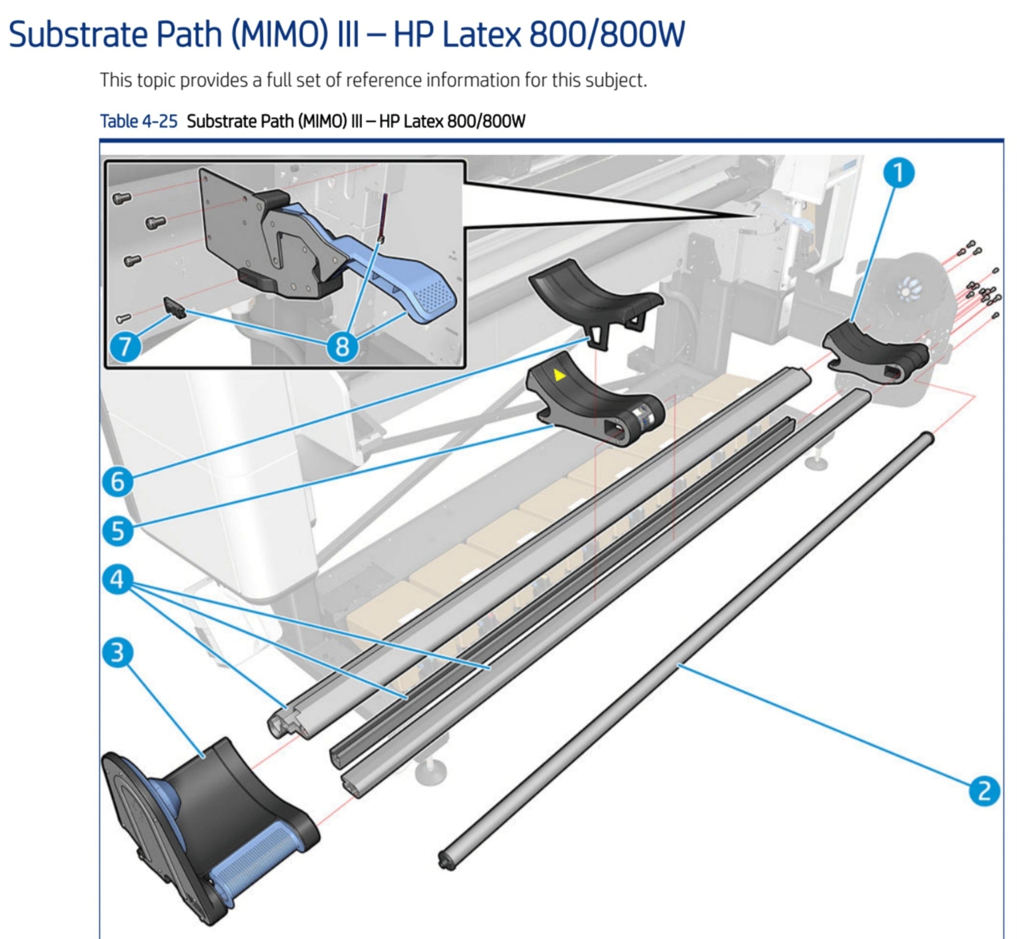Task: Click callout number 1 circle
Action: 898,173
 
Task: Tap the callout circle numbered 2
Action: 984,791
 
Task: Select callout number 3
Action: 117,652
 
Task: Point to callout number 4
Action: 117,579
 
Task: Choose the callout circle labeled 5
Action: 117,531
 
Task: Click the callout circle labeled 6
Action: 117,481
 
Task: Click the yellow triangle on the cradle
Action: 559,376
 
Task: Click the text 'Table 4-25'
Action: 138,122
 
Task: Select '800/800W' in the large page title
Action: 606,34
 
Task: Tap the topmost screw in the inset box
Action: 122,198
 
